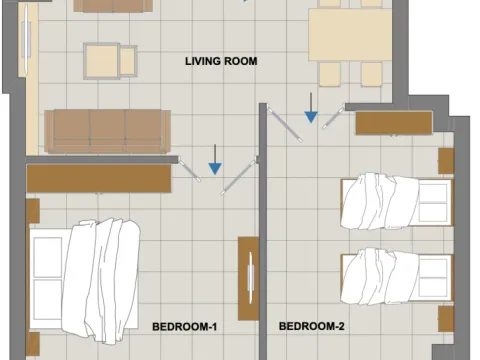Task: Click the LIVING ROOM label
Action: [x=221, y=61]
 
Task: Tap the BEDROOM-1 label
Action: [x=184, y=327]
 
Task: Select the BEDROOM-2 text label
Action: [x=312, y=326]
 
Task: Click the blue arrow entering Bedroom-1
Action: [x=215, y=160]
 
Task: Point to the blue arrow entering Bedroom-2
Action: [x=311, y=108]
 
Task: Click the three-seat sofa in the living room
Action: [x=108, y=131]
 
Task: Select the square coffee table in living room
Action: [x=102, y=61]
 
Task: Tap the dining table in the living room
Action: [x=350, y=35]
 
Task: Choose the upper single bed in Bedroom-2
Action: [x=397, y=201]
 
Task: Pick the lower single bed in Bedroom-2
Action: [x=397, y=276]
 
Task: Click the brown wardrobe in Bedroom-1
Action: [x=99, y=179]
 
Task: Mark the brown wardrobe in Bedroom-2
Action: [x=394, y=123]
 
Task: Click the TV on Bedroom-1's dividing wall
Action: [x=251, y=278]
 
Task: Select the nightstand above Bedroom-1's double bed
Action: [x=33, y=211]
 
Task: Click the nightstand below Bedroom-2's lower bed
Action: [x=446, y=319]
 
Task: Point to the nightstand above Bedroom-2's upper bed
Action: [x=446, y=161]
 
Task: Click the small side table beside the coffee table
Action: [x=128, y=61]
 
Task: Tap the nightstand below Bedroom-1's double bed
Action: [x=33, y=344]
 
